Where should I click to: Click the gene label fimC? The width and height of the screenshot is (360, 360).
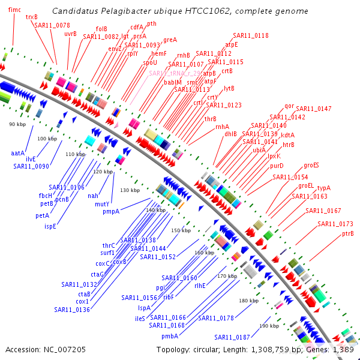14,10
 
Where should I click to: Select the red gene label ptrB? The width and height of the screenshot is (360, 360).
347,233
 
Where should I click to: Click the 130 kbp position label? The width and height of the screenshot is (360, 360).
130,190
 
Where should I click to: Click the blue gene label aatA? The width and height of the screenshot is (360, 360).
18,154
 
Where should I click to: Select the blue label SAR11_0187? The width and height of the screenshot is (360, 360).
232,337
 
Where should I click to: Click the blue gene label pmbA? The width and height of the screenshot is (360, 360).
170,336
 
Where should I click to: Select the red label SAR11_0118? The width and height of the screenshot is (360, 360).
251,36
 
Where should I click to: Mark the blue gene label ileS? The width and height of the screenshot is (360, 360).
140,319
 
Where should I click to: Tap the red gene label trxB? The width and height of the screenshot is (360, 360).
32,17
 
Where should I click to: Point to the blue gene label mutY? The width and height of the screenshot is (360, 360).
102,204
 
